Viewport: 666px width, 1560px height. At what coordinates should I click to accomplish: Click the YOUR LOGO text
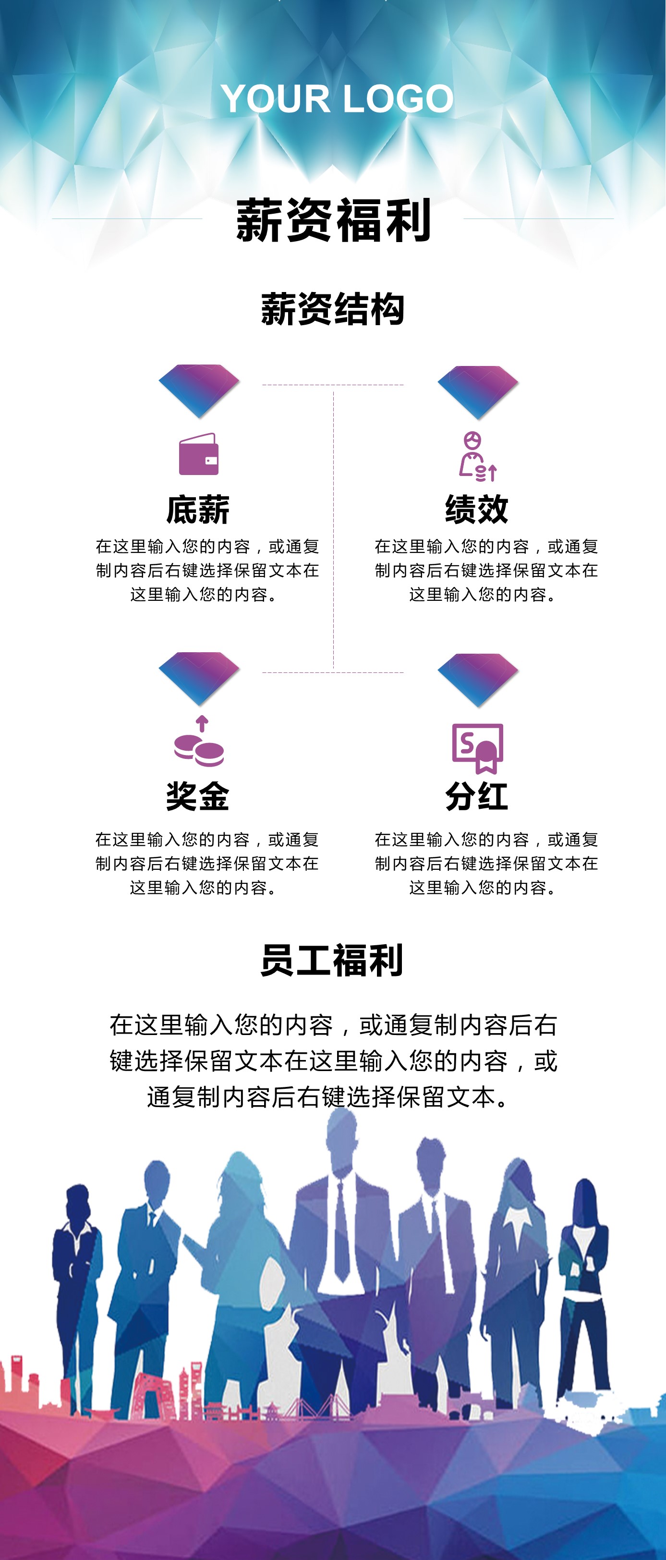pos(337,99)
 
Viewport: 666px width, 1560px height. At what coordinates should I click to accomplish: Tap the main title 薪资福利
pos(333,220)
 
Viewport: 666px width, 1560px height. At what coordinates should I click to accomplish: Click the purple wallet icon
pos(199,454)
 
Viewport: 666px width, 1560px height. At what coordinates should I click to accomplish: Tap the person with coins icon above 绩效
pos(477,457)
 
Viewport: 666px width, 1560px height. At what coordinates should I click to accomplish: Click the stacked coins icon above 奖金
pos(199,742)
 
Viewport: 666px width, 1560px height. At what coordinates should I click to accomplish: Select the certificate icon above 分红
pos(478,747)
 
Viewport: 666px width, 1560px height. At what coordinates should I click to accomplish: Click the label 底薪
pos(198,509)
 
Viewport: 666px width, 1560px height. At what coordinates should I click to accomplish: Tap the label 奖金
pos(198,796)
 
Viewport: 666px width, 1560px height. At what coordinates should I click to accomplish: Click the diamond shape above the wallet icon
pos(199,390)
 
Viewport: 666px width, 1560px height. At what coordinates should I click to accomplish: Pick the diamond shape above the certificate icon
pos(478,679)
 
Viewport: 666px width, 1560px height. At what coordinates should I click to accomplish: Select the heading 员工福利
pos(332,961)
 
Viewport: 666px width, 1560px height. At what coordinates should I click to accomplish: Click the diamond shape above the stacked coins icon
pos(199,678)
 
